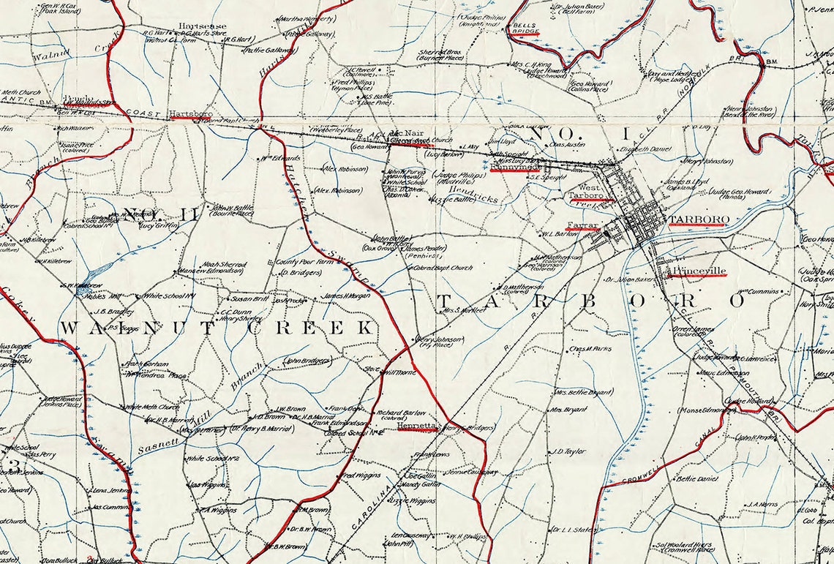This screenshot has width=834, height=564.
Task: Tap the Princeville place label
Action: [x=699, y=271]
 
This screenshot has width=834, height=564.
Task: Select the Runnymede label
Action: [x=515, y=167]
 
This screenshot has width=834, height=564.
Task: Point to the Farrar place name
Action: [x=582, y=224]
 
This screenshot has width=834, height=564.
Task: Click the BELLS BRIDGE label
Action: [x=525, y=29]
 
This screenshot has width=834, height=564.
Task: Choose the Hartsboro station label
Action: [x=191, y=114]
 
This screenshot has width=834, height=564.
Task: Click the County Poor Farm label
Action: [x=300, y=261]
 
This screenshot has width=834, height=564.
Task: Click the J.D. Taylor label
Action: [x=570, y=451]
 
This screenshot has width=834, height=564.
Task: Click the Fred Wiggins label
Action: [x=361, y=475]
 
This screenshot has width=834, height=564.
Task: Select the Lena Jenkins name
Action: [x=111, y=490]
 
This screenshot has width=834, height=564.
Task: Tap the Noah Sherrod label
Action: [x=225, y=264]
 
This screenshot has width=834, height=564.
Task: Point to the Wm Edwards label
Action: [x=281, y=157]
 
